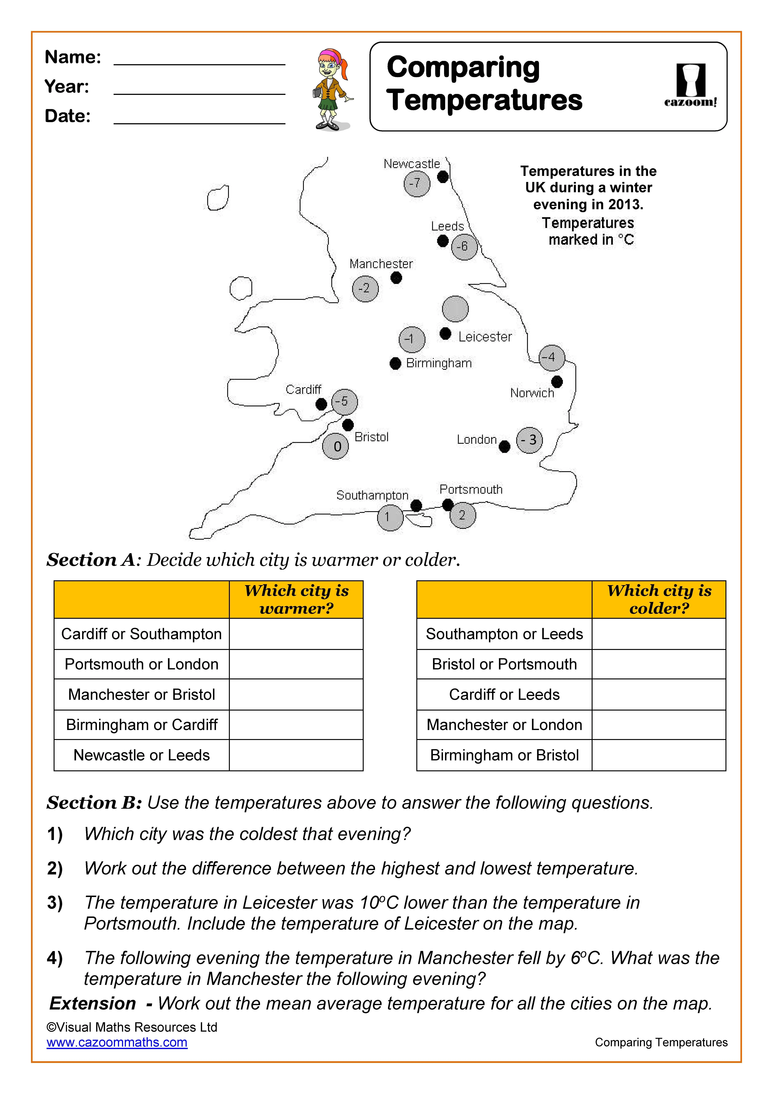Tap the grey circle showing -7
click(417, 183)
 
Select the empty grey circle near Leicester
click(455, 309)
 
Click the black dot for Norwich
click(557, 381)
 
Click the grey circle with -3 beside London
click(529, 440)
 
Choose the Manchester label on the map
click(381, 264)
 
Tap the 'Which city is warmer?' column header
click(296, 599)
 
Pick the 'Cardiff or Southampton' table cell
click(141, 634)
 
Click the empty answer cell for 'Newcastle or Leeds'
click(296, 755)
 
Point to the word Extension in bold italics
click(93, 1004)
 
